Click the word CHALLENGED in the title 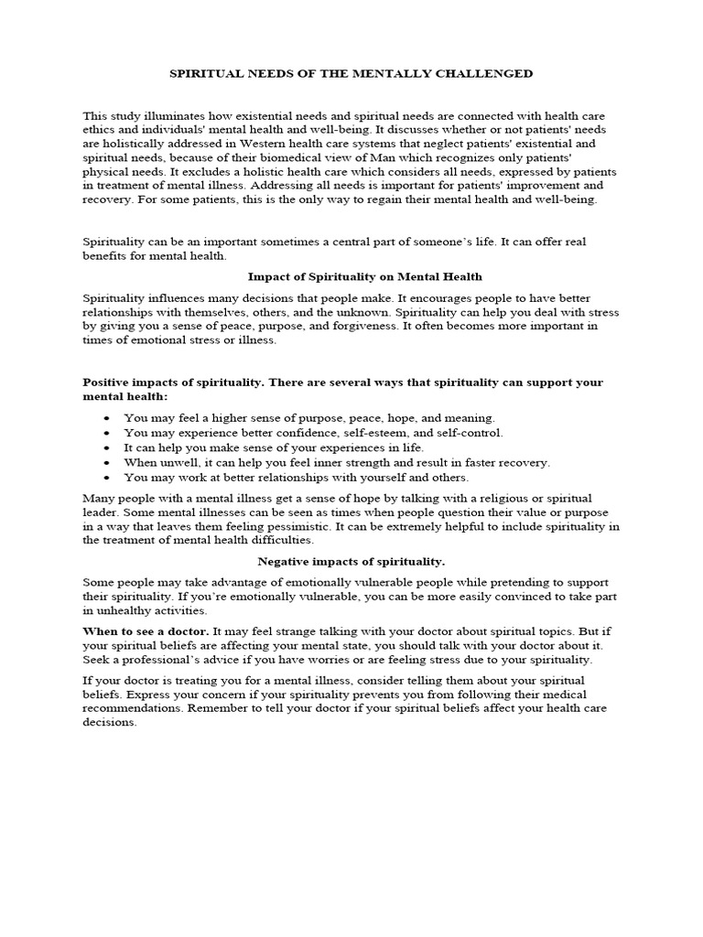[x=486, y=73]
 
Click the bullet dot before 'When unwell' [x=108, y=463]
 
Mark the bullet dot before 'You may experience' [x=108, y=433]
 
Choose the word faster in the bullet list [x=457, y=463]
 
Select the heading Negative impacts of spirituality [x=352, y=561]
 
